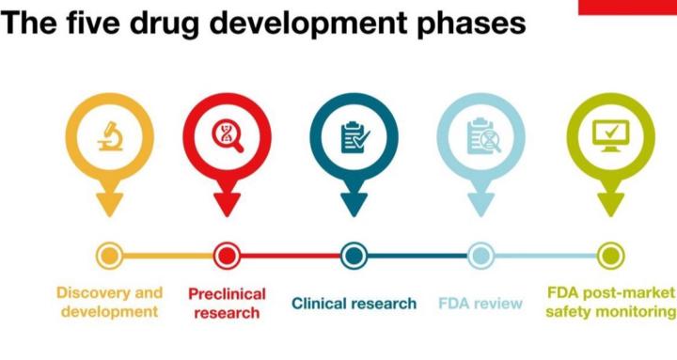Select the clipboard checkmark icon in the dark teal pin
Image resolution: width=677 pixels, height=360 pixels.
click(354, 138)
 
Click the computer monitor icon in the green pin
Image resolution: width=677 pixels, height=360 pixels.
click(608, 138)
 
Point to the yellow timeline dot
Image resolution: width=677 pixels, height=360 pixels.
click(110, 255)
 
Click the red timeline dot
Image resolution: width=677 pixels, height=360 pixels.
click(227, 255)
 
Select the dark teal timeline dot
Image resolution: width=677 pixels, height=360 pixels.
click(354, 255)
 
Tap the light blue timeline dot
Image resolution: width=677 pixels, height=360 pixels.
click(480, 255)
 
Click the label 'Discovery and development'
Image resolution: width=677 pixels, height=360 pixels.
click(109, 302)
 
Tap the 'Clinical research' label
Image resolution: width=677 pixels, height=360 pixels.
click(354, 304)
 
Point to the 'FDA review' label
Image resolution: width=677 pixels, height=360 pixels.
click(480, 304)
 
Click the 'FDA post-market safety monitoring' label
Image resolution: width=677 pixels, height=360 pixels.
click(610, 302)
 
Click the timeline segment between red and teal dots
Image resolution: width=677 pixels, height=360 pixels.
click(290, 255)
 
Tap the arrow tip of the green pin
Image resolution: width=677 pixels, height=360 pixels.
click(608, 209)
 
